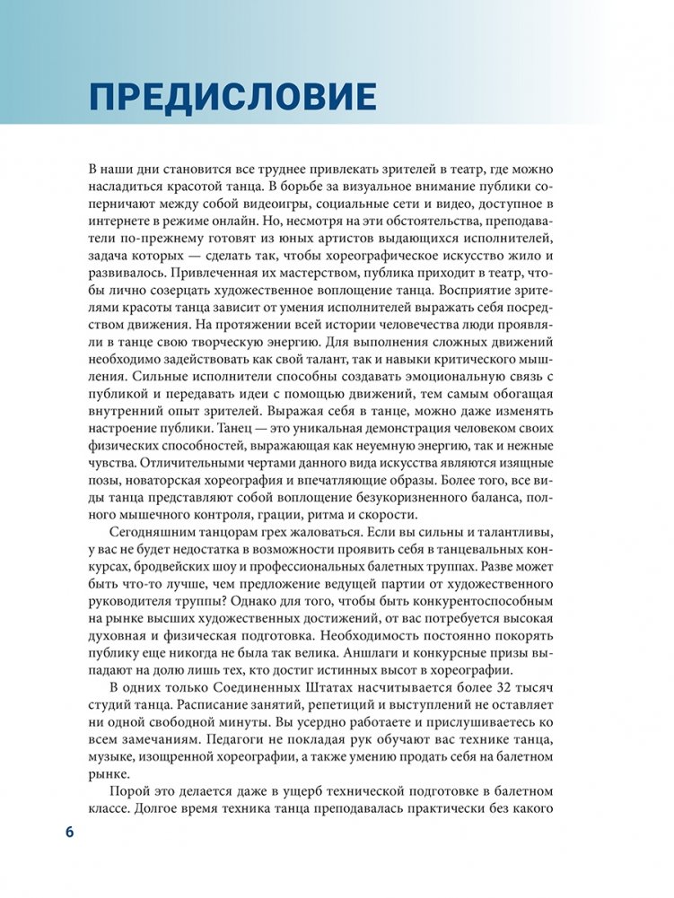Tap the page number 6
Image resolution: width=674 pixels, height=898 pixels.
[69, 831]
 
